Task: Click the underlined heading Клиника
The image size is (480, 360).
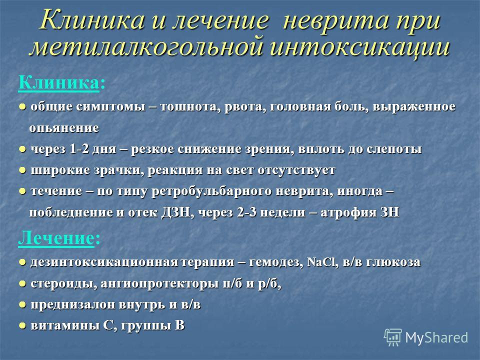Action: tap(59, 82)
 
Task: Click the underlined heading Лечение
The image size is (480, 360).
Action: tap(56, 238)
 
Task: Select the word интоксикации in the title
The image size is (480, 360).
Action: tap(360, 47)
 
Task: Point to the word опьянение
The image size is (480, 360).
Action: tap(64, 128)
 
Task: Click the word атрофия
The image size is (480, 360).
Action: tap(346, 212)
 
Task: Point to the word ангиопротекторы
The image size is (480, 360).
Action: tap(160, 284)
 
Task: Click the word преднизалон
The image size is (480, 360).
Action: tap(73, 305)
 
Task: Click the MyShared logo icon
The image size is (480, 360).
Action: tap(393, 337)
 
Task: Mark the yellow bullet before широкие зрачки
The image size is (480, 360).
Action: tap(22, 170)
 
